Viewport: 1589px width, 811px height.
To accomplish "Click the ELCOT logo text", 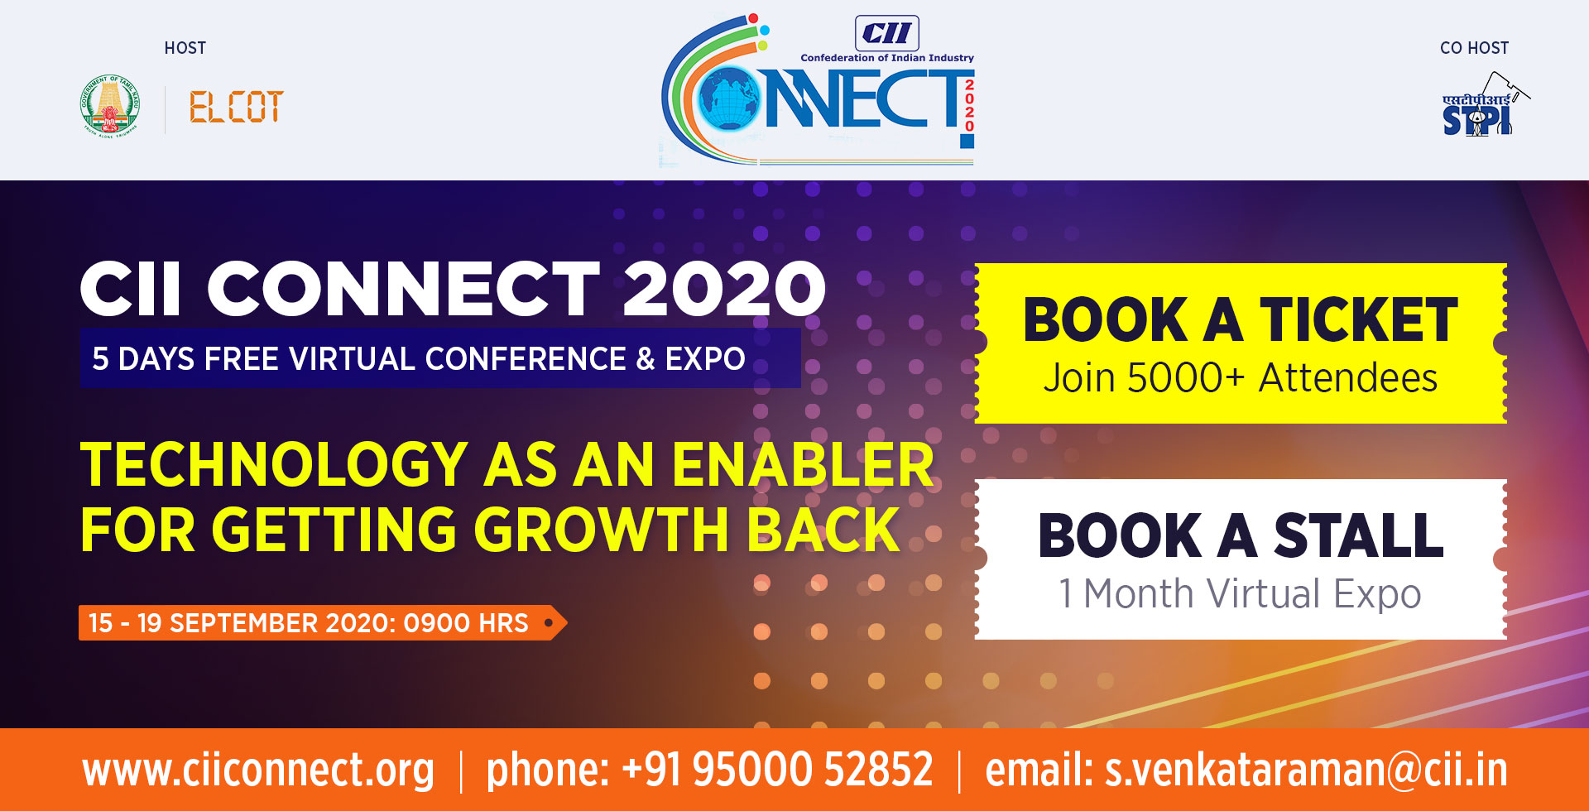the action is coord(237,107).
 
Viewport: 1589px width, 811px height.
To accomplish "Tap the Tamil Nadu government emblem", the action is coord(110,105).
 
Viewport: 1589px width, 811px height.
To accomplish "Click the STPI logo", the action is coord(1484,104).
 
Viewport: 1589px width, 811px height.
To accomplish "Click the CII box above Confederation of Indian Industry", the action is coord(886,33).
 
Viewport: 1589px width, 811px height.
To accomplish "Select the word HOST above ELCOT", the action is coord(185,48).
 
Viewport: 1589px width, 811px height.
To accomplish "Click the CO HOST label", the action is coord(1474,48).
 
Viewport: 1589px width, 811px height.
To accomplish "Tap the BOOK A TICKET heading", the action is coord(1240,319).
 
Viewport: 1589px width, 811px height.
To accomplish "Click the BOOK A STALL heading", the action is coord(1241,535).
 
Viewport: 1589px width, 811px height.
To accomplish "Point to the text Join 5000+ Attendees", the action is coord(1240,378).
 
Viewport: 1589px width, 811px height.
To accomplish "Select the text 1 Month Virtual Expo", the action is coord(1240,594).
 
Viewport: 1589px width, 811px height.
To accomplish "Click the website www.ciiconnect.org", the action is coord(258,770).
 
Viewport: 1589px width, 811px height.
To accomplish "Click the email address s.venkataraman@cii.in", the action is coord(1306,770).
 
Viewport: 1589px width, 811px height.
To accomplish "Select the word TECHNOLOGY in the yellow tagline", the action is coord(275,464).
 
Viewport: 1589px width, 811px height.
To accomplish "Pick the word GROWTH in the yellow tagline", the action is coord(600,530).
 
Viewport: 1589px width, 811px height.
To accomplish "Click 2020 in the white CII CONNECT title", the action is coord(724,289).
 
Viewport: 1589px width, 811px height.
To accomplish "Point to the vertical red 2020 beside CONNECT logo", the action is coord(969,105).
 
